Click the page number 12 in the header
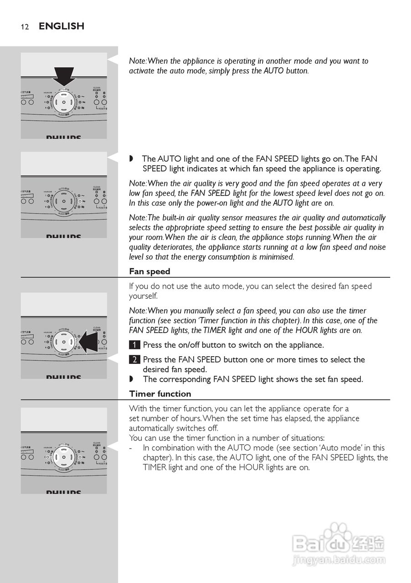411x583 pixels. (25, 27)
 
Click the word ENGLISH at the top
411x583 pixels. (62, 26)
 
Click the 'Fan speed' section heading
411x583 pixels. (149, 271)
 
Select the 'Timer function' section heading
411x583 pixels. (160, 394)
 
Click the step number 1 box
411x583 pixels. (134, 345)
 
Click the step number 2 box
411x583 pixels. (134, 359)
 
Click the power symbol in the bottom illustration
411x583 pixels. (64, 457)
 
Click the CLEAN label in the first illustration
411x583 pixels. (97, 87)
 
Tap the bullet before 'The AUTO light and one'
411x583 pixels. (132, 159)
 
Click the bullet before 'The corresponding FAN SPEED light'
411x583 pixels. (132, 379)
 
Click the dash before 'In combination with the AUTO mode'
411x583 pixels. (131, 448)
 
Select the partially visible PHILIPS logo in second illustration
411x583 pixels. (63, 236)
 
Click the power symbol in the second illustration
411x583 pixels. (64, 201)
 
